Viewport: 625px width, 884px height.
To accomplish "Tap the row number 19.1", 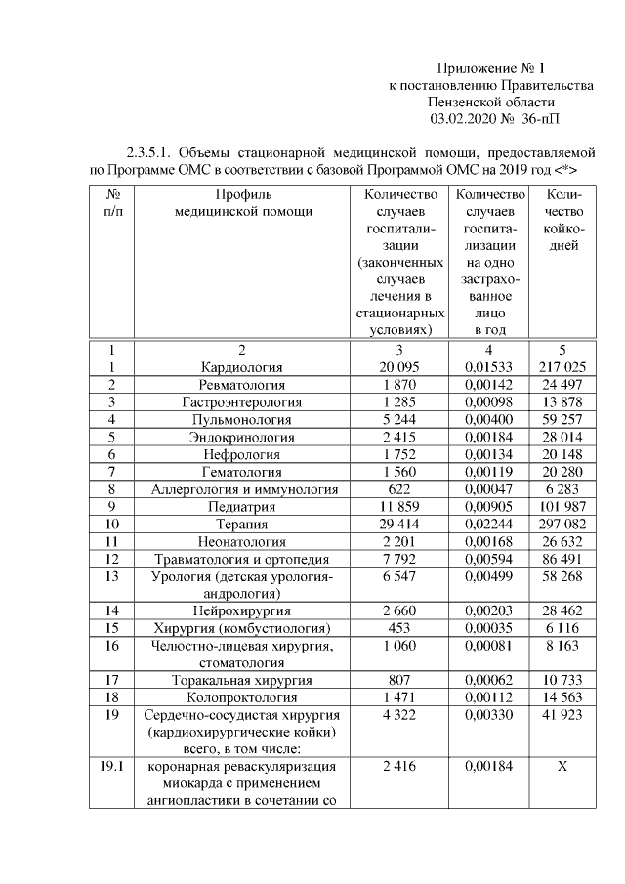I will click(x=112, y=767).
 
